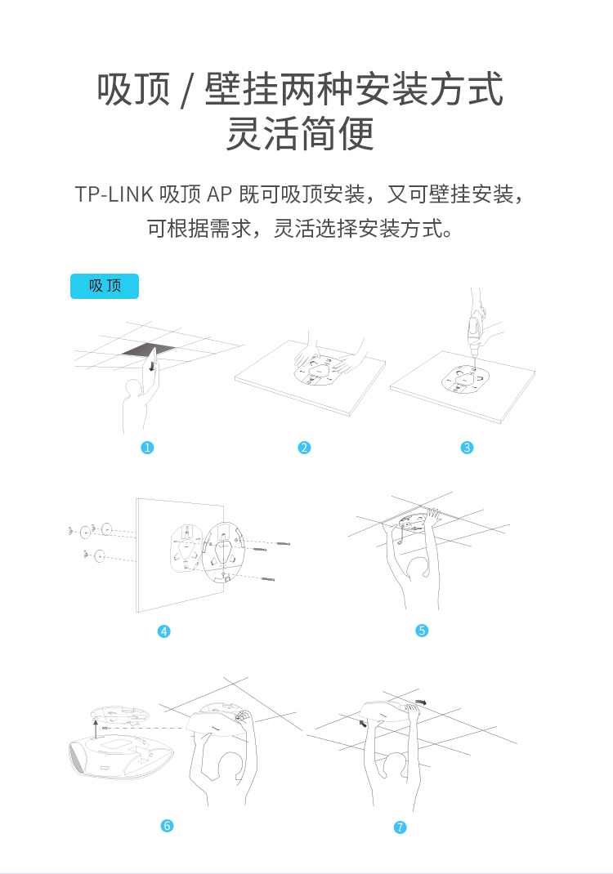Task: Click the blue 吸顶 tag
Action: [105, 286]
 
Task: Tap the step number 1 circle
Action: [147, 447]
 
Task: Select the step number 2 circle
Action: [304, 447]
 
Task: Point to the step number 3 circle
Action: [467, 447]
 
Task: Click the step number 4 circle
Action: [164, 631]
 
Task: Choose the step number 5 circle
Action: [422, 631]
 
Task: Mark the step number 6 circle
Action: [167, 826]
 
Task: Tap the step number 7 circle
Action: [400, 827]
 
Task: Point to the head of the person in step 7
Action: [398, 768]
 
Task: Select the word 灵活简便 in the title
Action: [300, 133]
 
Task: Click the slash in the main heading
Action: [187, 91]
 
